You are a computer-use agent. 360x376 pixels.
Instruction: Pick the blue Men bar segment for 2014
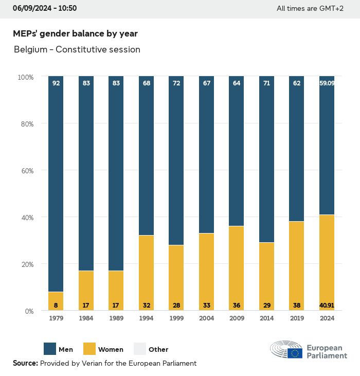[x=266, y=159]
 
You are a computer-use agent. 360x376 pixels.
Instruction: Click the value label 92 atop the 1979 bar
[x=56, y=83]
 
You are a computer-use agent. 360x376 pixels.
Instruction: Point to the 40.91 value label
[x=327, y=306]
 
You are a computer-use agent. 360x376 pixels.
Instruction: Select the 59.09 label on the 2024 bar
[x=327, y=83]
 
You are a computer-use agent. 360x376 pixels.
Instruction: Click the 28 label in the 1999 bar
[x=176, y=306]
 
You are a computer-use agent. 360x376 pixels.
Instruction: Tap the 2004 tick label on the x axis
[x=206, y=318]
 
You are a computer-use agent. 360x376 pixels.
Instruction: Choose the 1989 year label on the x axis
[x=116, y=318]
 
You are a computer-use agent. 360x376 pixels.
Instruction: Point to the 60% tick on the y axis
[x=26, y=171]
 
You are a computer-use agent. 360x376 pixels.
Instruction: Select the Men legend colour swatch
[x=49, y=349]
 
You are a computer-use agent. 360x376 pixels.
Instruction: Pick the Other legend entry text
[x=158, y=350]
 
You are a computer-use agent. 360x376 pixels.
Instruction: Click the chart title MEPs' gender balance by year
[x=75, y=33]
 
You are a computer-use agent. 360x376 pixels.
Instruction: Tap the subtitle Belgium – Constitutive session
[x=77, y=49]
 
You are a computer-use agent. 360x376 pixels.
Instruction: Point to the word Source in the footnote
[x=25, y=363]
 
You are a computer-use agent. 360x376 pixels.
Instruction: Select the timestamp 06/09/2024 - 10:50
[x=45, y=8]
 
